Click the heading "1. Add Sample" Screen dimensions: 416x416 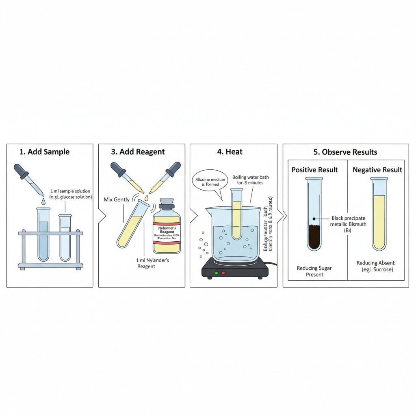pos(45,152)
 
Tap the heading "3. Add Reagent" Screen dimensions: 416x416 pos(138,152)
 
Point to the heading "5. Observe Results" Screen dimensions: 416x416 pos(345,152)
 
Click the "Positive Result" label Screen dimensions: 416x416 pos(315,170)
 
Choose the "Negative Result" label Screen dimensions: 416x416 pos(377,170)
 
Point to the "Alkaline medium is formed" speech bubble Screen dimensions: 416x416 pos(210,181)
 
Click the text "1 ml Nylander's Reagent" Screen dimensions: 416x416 pos(152,263)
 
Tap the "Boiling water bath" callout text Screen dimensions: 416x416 pos(250,180)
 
